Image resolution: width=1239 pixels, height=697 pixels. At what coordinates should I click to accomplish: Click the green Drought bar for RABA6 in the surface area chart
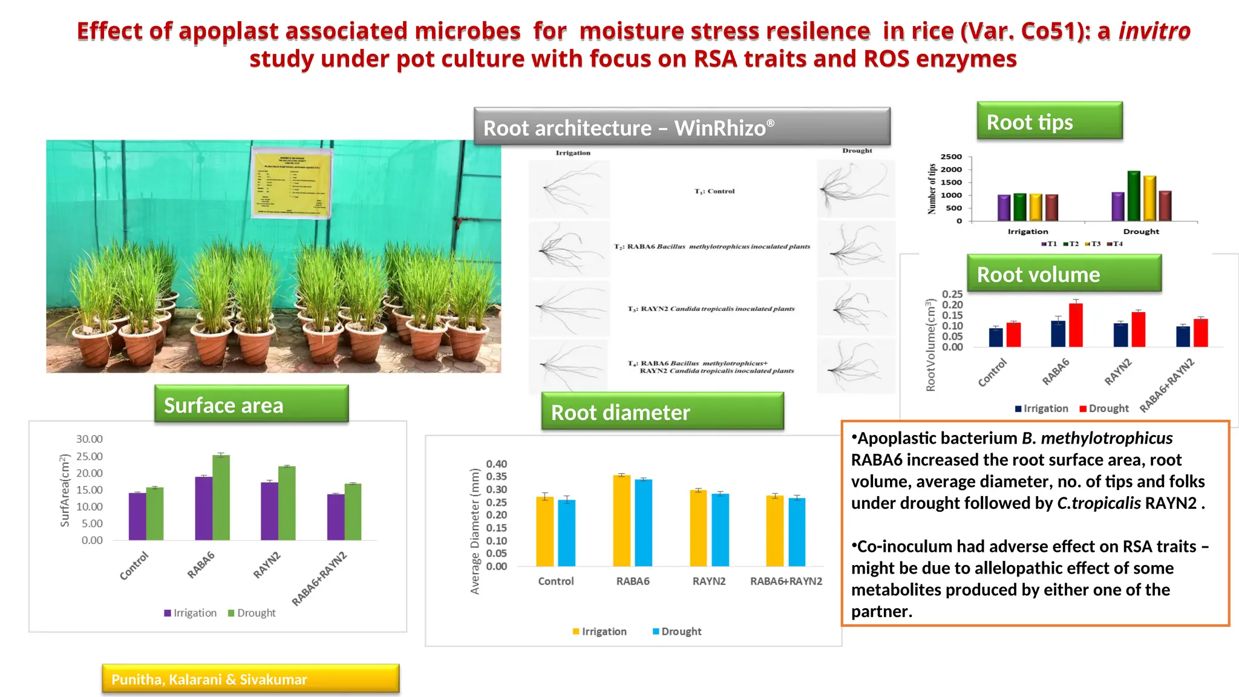[x=221, y=497]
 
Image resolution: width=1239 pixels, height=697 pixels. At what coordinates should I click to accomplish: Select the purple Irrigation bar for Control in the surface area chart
[x=137, y=516]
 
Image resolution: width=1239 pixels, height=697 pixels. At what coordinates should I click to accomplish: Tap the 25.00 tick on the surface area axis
[x=89, y=456]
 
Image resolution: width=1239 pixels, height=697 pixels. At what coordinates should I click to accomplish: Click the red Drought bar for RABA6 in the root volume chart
[x=1076, y=325]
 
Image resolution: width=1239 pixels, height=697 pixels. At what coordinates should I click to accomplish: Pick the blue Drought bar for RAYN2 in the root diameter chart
[x=720, y=530]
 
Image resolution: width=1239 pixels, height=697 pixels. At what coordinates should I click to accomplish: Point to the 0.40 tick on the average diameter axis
[x=496, y=464]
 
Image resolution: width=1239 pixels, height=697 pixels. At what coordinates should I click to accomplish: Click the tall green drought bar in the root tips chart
[x=1134, y=196]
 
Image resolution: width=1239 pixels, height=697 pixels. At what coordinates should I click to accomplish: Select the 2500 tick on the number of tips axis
[x=951, y=157]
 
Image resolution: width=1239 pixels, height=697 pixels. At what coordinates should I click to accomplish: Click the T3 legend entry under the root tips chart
[x=1093, y=244]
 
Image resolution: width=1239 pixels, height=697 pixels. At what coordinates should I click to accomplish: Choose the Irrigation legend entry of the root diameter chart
[x=600, y=631]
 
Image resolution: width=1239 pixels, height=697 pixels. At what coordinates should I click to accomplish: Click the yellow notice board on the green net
[x=292, y=184]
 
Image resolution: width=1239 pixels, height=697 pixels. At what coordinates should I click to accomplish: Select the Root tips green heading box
[x=1050, y=122]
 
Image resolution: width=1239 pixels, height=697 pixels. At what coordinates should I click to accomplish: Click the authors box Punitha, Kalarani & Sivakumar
[x=250, y=679]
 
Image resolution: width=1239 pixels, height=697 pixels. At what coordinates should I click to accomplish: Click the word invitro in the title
[x=1154, y=31]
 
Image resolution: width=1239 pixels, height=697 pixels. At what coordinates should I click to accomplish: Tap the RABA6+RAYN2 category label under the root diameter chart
[x=786, y=581]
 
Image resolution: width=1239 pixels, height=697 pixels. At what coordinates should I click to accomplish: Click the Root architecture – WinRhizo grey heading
[x=682, y=127]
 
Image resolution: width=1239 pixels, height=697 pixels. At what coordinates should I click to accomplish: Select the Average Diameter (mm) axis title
[x=475, y=531]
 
